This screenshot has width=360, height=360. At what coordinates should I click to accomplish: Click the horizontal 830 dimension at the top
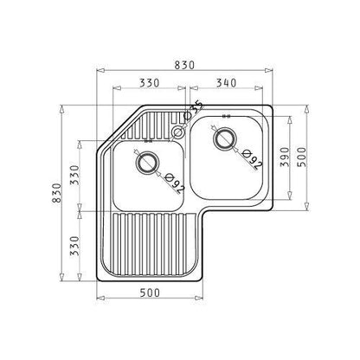pyautogui.click(x=184, y=65)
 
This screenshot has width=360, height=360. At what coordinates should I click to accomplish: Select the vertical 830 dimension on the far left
pyautogui.click(x=57, y=193)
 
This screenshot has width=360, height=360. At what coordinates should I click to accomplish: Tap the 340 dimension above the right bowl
pyautogui.click(x=227, y=83)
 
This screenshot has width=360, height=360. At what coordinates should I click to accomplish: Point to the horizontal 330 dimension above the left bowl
pyautogui.click(x=149, y=83)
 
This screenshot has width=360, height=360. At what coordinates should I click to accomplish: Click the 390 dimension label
pyautogui.click(x=285, y=157)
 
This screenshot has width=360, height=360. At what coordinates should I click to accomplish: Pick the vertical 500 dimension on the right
pyautogui.click(x=302, y=157)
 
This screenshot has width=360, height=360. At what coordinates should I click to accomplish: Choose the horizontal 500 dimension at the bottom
pyautogui.click(x=150, y=293)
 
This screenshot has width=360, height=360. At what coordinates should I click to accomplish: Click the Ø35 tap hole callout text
pyautogui.click(x=196, y=108)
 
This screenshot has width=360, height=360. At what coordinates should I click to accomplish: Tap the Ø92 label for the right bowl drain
pyautogui.click(x=253, y=159)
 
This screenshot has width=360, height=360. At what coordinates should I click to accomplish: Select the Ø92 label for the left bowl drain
pyautogui.click(x=175, y=183)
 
